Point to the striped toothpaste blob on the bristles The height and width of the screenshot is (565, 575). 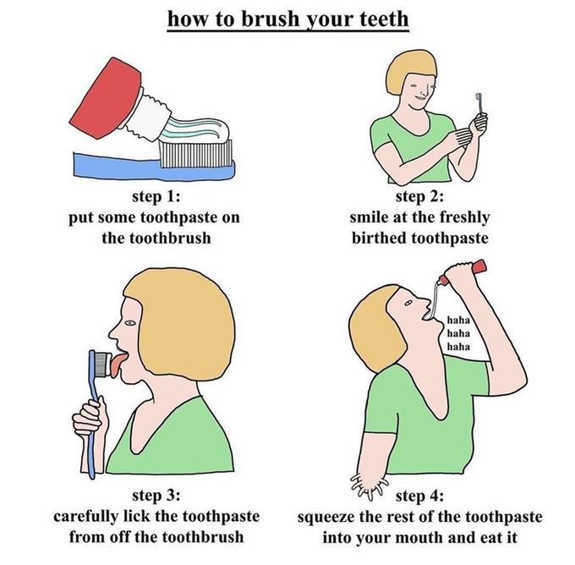(x=194, y=129)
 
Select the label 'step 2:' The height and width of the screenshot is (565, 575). (x=419, y=199)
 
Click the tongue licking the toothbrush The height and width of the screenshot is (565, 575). (x=115, y=365)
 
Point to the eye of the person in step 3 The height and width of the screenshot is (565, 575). (x=129, y=322)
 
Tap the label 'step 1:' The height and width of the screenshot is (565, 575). (x=155, y=199)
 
